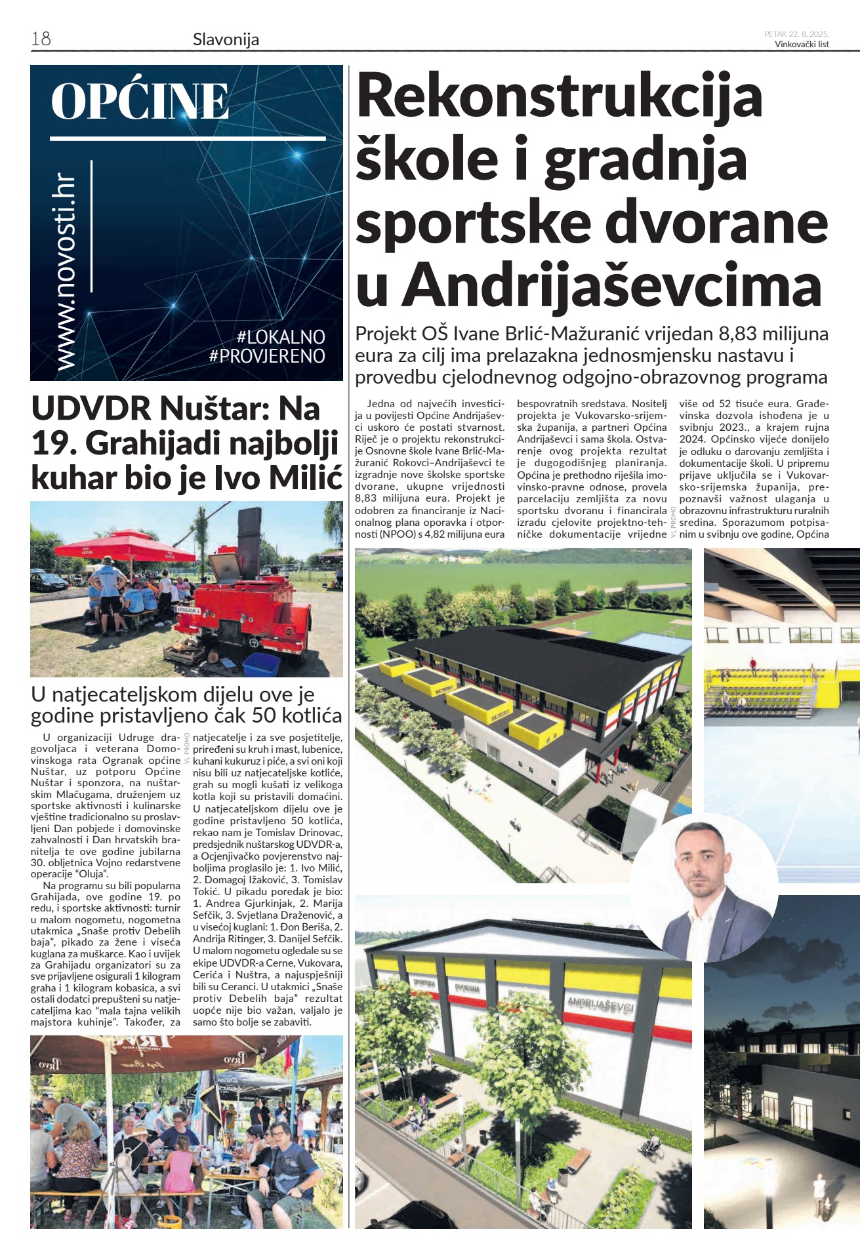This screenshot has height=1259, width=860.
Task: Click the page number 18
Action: [41, 39]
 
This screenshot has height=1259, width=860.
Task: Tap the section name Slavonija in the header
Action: [226, 39]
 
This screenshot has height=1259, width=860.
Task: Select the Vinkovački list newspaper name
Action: [802, 45]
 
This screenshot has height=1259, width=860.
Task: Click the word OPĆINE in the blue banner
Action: [140, 102]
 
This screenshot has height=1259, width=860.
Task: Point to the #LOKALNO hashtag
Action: [281, 337]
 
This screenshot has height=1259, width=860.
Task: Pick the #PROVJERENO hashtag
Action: [267, 356]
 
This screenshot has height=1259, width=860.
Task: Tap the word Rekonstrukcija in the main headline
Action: [559, 97]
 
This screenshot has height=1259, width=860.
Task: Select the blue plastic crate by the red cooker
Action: [261, 664]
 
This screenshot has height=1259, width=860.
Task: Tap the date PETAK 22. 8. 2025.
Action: [796, 34]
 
